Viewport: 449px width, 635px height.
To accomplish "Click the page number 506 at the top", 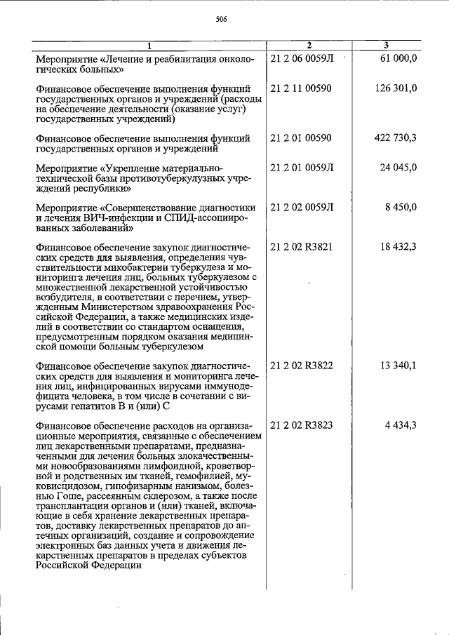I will [x=222, y=20].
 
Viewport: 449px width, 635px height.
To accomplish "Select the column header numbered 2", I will [x=308, y=46].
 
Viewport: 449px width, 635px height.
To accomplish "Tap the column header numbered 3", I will [x=396, y=46].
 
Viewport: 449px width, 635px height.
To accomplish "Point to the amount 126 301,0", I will [x=396, y=88].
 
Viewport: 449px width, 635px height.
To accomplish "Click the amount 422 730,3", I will [x=396, y=138].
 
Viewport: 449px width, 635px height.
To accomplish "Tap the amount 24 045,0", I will [x=398, y=168].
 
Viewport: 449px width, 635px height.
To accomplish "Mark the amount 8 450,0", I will [x=401, y=207].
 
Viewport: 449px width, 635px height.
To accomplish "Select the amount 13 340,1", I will [x=398, y=366].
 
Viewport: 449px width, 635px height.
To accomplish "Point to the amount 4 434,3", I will [x=401, y=425].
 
